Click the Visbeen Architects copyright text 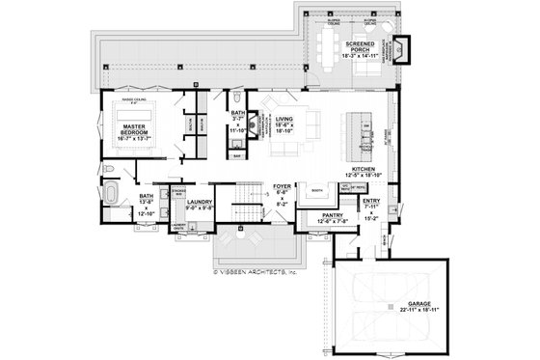pyautogui.click(x=255, y=272)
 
